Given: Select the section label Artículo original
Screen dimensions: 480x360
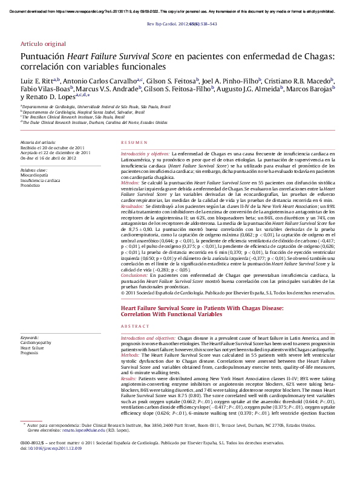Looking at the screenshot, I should click(x=43, y=44).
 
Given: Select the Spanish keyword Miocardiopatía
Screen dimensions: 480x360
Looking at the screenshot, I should click(x=35, y=175).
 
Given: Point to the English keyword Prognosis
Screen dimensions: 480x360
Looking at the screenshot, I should click(x=30, y=352).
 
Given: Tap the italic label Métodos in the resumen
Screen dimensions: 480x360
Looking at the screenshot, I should click(x=130, y=182).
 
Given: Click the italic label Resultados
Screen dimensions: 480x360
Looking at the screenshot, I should click(x=133, y=206).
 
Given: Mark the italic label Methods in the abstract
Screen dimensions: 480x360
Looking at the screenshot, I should click(x=130, y=355).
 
